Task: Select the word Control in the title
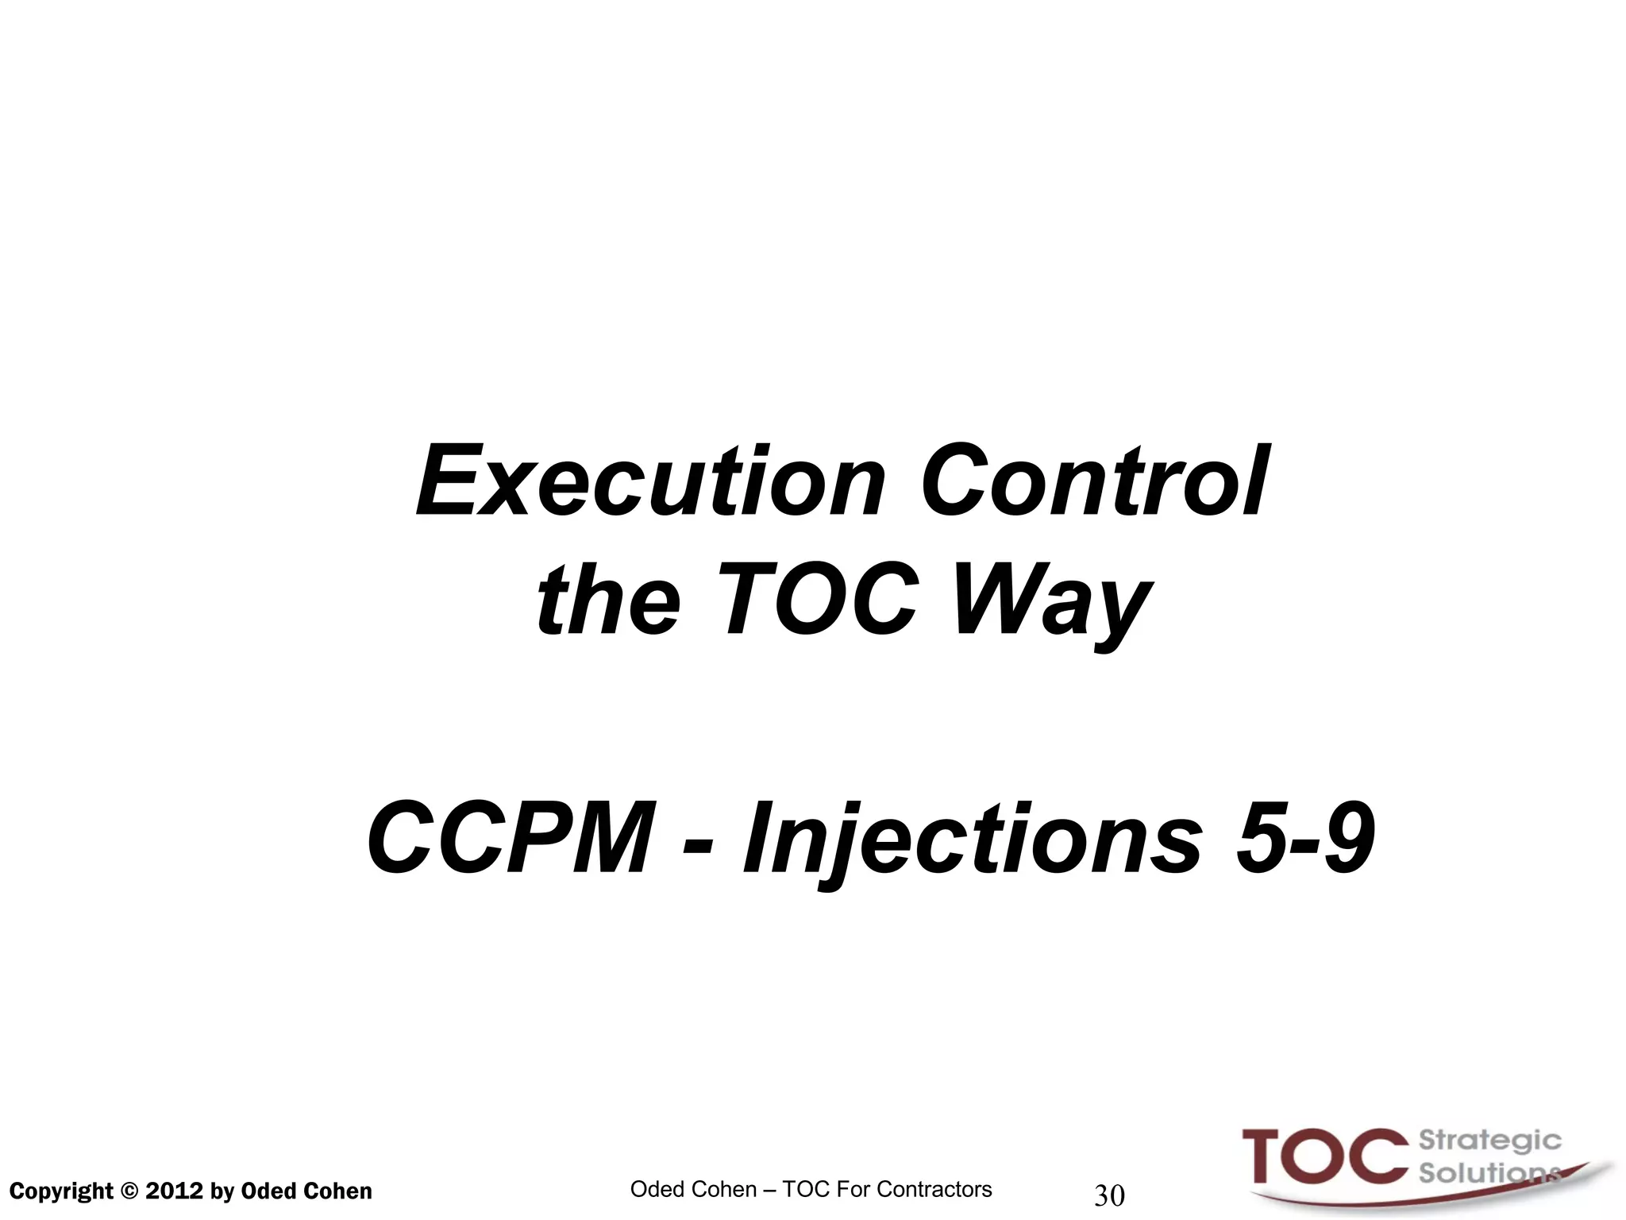pos(1095,482)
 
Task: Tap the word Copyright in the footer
pos(61,1191)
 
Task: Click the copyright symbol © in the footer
pos(129,1191)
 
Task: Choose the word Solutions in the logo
pos(1486,1173)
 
